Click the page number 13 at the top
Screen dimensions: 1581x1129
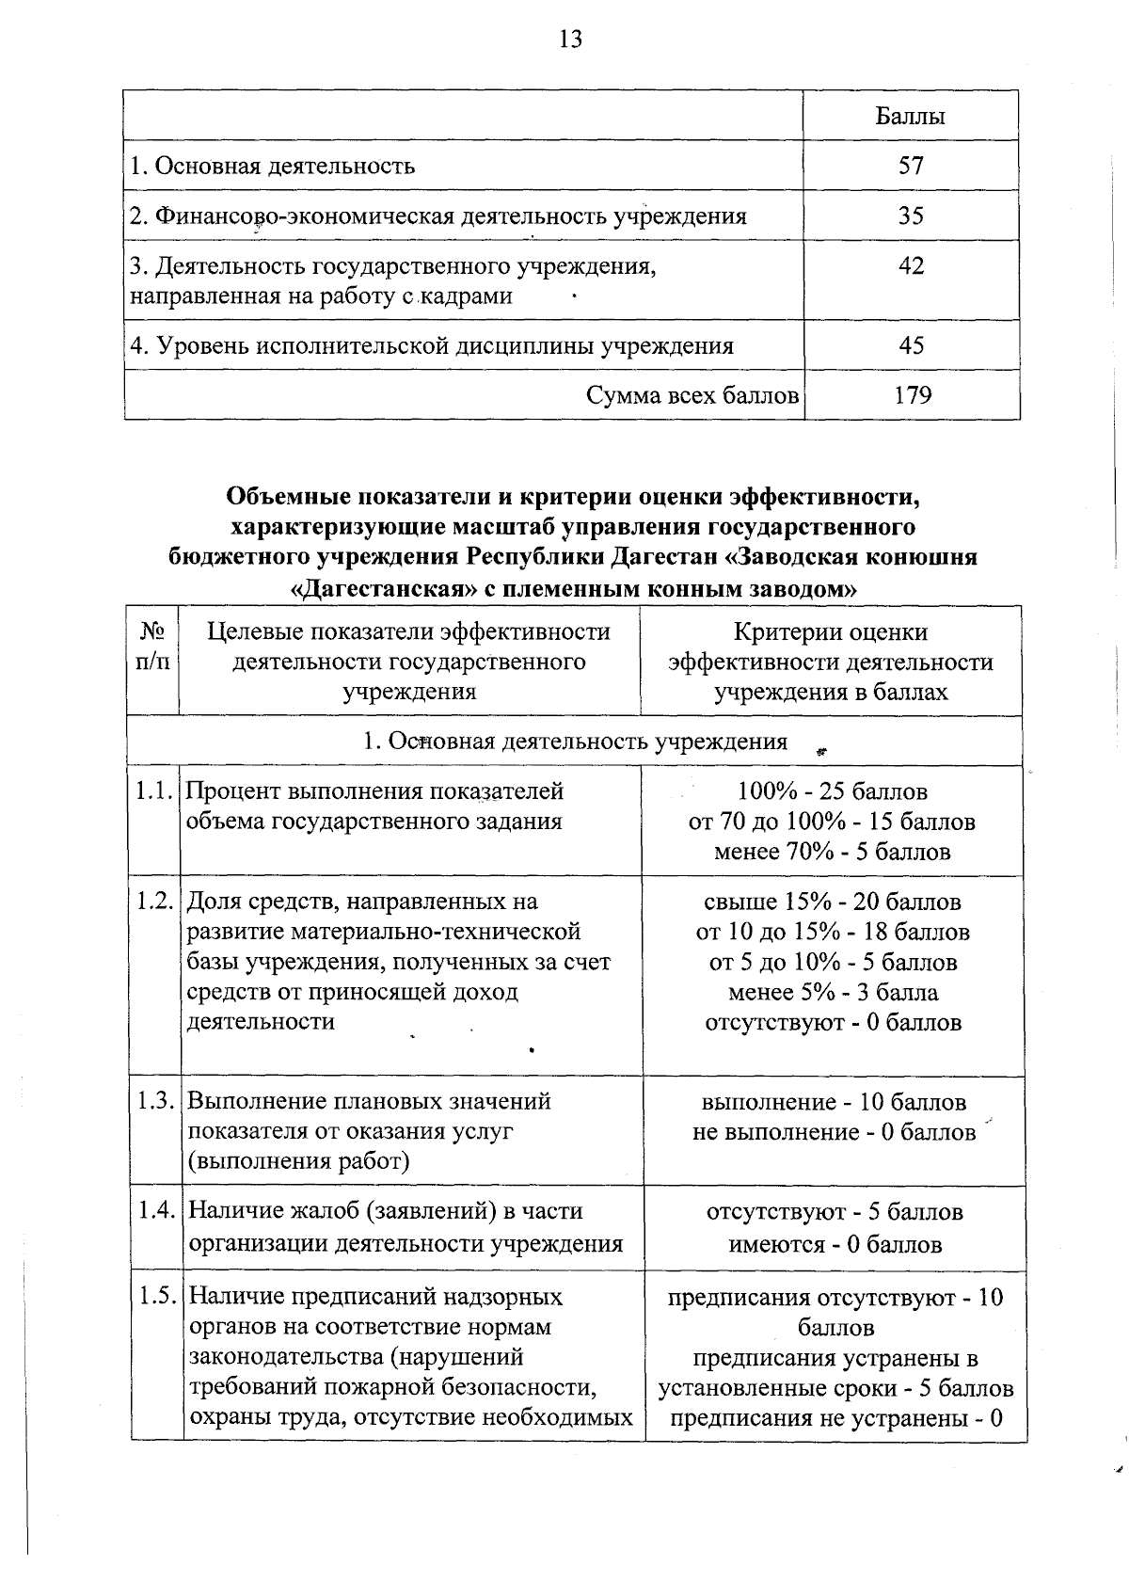tap(570, 40)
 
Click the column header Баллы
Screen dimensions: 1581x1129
tap(910, 117)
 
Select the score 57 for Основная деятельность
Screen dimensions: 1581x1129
tap(911, 167)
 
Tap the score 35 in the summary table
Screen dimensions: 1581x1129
tap(911, 216)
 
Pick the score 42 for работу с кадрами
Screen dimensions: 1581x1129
tap(911, 266)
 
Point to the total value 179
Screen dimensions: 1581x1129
tap(912, 395)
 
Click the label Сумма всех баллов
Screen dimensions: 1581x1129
tap(692, 395)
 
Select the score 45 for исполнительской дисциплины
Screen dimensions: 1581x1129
tap(911, 345)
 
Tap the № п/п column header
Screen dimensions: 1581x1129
tap(153, 647)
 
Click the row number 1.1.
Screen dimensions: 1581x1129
tap(153, 791)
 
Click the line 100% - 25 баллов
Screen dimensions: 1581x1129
tap(832, 791)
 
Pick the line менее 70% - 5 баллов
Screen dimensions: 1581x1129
tap(832, 852)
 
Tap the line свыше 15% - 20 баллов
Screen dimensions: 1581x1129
tap(833, 902)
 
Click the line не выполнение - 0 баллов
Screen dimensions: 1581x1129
tap(834, 1131)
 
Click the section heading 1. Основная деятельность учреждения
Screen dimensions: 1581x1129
tap(575, 742)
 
